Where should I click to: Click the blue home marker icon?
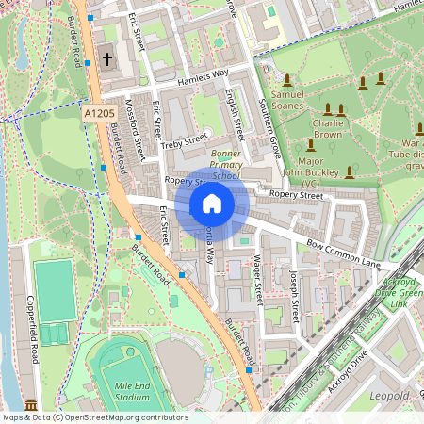(212, 204)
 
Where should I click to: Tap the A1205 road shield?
(99, 112)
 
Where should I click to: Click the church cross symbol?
(107, 59)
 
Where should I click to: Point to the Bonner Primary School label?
(213, 163)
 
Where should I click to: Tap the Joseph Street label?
(294, 294)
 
